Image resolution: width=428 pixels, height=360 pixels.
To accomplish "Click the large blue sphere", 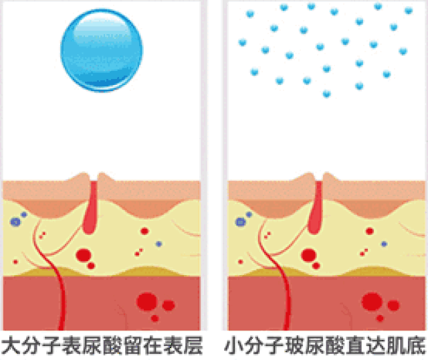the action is tap(101, 50).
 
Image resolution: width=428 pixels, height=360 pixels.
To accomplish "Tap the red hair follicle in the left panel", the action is tap(91, 207).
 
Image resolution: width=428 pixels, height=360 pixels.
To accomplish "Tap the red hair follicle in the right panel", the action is tap(316, 207).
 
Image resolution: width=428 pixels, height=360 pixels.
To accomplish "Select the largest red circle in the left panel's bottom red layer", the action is tap(147, 302).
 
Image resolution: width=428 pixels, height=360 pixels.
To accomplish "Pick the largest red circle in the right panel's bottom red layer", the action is tap(372, 302).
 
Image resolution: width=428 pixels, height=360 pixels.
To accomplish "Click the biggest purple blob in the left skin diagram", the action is tap(15, 221).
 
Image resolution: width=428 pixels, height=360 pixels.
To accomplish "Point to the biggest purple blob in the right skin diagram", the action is tap(241, 221).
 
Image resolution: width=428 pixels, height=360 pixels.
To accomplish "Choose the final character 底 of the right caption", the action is tap(416, 345).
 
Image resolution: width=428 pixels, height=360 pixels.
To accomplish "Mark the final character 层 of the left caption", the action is tap(193, 345).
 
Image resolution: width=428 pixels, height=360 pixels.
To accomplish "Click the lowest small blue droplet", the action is tap(327, 94).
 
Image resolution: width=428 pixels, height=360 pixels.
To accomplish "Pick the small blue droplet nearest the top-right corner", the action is tap(409, 11).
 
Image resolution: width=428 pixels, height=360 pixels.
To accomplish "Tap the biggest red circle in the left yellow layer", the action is tap(84, 255).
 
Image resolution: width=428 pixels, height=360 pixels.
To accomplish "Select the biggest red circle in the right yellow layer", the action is tap(309, 255).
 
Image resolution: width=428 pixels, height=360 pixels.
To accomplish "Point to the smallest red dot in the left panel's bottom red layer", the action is tap(154, 319).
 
